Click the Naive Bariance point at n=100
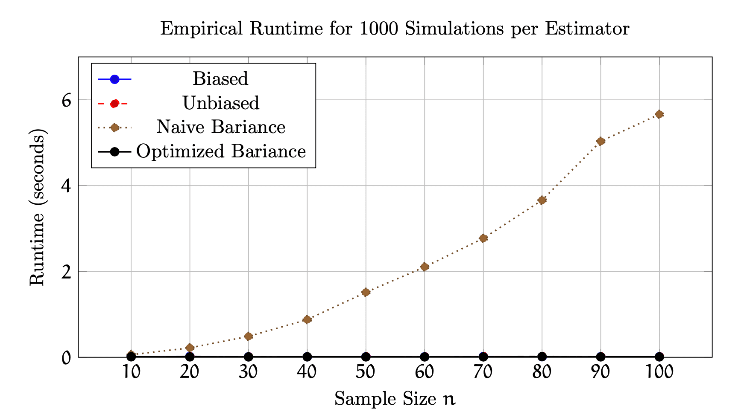(x=659, y=114)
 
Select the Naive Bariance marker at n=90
(x=601, y=141)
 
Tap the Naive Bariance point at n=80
(x=542, y=200)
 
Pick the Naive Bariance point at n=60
(x=425, y=267)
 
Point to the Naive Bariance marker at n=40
(x=307, y=319)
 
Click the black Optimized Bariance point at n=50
(x=366, y=357)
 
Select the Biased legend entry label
(x=220, y=79)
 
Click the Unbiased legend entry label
(x=221, y=103)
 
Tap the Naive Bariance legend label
(x=221, y=127)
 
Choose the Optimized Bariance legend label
(x=221, y=151)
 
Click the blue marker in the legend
(x=114, y=79)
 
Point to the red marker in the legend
(x=114, y=103)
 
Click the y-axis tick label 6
(x=66, y=100)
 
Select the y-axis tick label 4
(x=66, y=186)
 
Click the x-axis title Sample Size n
(x=395, y=399)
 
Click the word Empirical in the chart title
(x=201, y=29)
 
